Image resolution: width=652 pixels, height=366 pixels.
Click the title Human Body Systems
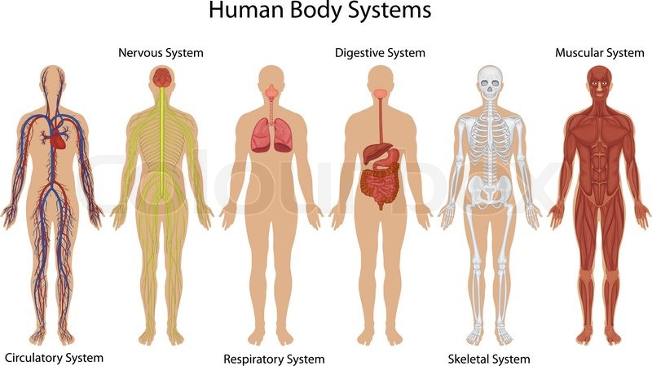(319, 11)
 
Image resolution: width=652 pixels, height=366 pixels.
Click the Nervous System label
(161, 53)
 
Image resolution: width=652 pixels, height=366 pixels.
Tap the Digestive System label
(380, 53)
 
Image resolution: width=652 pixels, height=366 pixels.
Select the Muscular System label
(599, 53)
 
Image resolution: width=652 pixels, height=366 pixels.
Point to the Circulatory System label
(54, 357)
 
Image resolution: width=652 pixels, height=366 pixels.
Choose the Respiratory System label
(274, 359)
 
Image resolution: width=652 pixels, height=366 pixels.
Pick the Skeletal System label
(489, 359)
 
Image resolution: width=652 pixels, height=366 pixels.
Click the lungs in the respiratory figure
(271, 134)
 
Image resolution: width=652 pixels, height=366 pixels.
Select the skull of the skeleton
(489, 82)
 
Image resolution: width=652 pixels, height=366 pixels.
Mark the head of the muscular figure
(598, 82)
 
